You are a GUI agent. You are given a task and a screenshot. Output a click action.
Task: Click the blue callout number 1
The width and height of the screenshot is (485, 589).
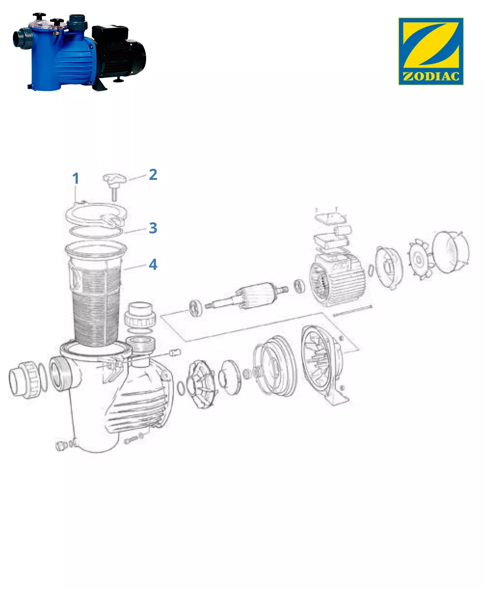(75, 178)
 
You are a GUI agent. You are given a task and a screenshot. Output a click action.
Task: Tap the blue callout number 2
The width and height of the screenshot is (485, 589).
(153, 175)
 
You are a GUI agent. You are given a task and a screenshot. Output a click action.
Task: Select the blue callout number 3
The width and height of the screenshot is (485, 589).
(153, 228)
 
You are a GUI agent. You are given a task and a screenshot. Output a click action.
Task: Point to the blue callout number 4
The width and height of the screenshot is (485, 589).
(153, 264)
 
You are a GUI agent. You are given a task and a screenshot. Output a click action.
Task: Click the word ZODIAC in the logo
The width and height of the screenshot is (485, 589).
(431, 77)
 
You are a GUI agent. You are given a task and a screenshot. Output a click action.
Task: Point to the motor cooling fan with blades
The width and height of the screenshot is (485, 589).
(420, 259)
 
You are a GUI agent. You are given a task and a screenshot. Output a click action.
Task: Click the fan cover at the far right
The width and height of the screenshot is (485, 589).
(451, 252)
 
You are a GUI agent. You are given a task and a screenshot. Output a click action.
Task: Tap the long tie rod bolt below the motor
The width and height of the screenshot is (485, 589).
(353, 311)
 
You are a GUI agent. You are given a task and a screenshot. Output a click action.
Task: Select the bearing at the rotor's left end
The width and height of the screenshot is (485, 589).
(196, 308)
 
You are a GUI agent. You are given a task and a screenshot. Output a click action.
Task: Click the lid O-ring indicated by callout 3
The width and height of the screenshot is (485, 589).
(96, 232)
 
